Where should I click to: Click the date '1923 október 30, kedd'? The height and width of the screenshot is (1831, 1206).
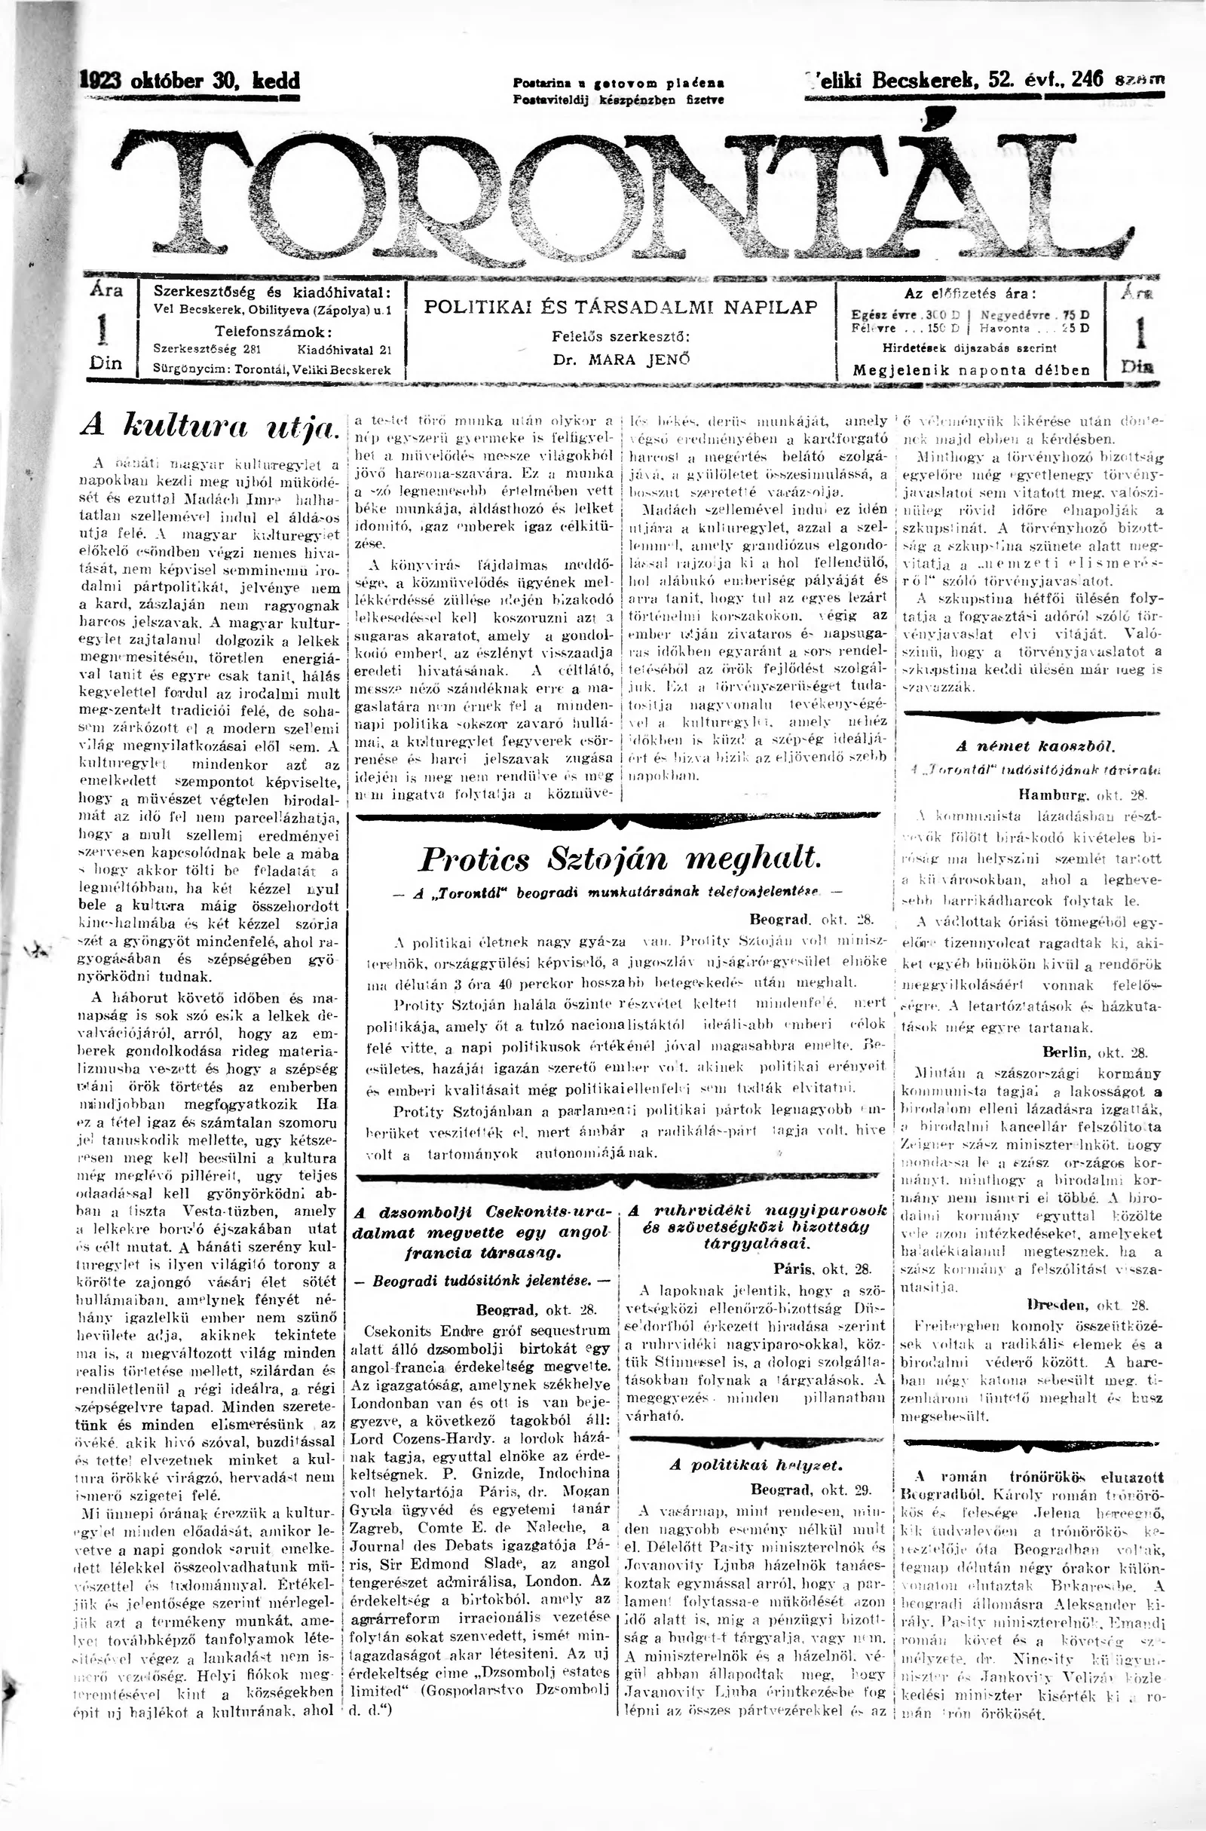pos(189,81)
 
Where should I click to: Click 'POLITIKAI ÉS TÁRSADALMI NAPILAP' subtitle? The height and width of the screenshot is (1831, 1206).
pos(621,307)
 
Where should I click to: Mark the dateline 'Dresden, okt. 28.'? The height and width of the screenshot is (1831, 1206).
pos(1087,1304)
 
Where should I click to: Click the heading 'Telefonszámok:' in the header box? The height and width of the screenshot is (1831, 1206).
pos(273,332)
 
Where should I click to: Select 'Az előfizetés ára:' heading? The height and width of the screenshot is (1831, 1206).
pos(970,294)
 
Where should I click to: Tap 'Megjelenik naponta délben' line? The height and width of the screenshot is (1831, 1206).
pos(972,370)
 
